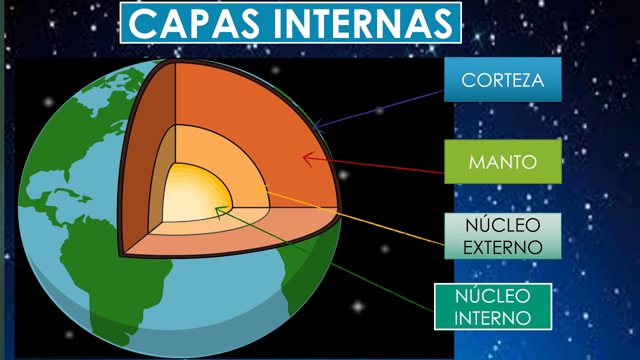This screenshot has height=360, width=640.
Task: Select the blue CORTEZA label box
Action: (x=502, y=79)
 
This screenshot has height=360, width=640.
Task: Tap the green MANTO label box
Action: (x=502, y=161)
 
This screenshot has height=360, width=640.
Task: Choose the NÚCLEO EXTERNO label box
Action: (x=502, y=236)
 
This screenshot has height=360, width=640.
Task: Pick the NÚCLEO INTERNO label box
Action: (x=492, y=306)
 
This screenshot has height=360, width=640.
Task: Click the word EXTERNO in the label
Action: (x=502, y=247)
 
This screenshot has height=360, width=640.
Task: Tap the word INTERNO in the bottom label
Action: (x=492, y=317)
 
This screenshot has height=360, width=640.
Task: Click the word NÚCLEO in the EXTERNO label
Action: (x=502, y=225)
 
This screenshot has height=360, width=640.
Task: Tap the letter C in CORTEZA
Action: (x=467, y=80)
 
